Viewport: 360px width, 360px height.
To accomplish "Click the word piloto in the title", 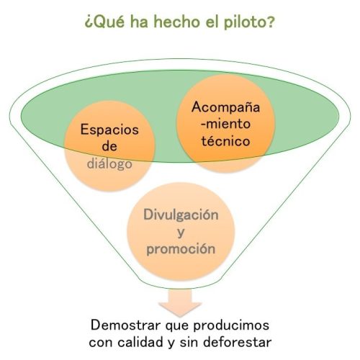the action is [x=249, y=22].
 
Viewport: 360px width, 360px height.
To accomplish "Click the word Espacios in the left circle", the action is [x=109, y=130].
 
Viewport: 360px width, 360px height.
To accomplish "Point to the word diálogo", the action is [x=109, y=163].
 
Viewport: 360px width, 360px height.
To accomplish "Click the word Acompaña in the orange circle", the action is [x=225, y=107].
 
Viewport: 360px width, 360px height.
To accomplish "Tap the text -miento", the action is [x=225, y=124].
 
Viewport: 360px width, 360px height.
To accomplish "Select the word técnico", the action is [x=225, y=140].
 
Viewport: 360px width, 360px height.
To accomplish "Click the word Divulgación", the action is [x=181, y=215].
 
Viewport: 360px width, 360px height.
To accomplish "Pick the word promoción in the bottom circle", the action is [x=181, y=249].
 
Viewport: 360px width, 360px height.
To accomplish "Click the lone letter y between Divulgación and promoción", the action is [x=181, y=233].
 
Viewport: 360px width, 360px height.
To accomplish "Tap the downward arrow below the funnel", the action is [x=180, y=303].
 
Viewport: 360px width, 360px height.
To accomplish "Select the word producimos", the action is [x=231, y=326].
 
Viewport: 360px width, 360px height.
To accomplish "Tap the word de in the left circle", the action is [x=109, y=147].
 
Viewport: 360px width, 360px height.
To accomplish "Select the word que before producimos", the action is [x=177, y=327].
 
